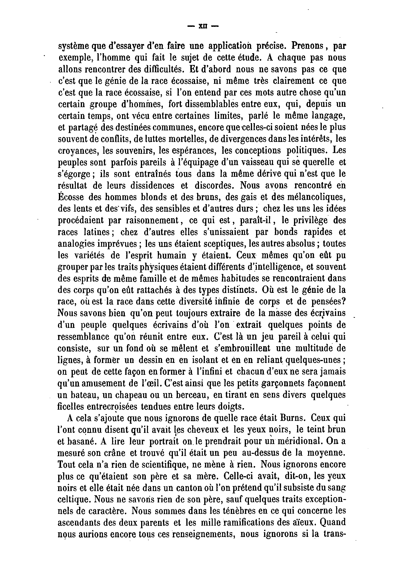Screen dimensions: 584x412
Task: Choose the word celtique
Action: pos(73,500)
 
